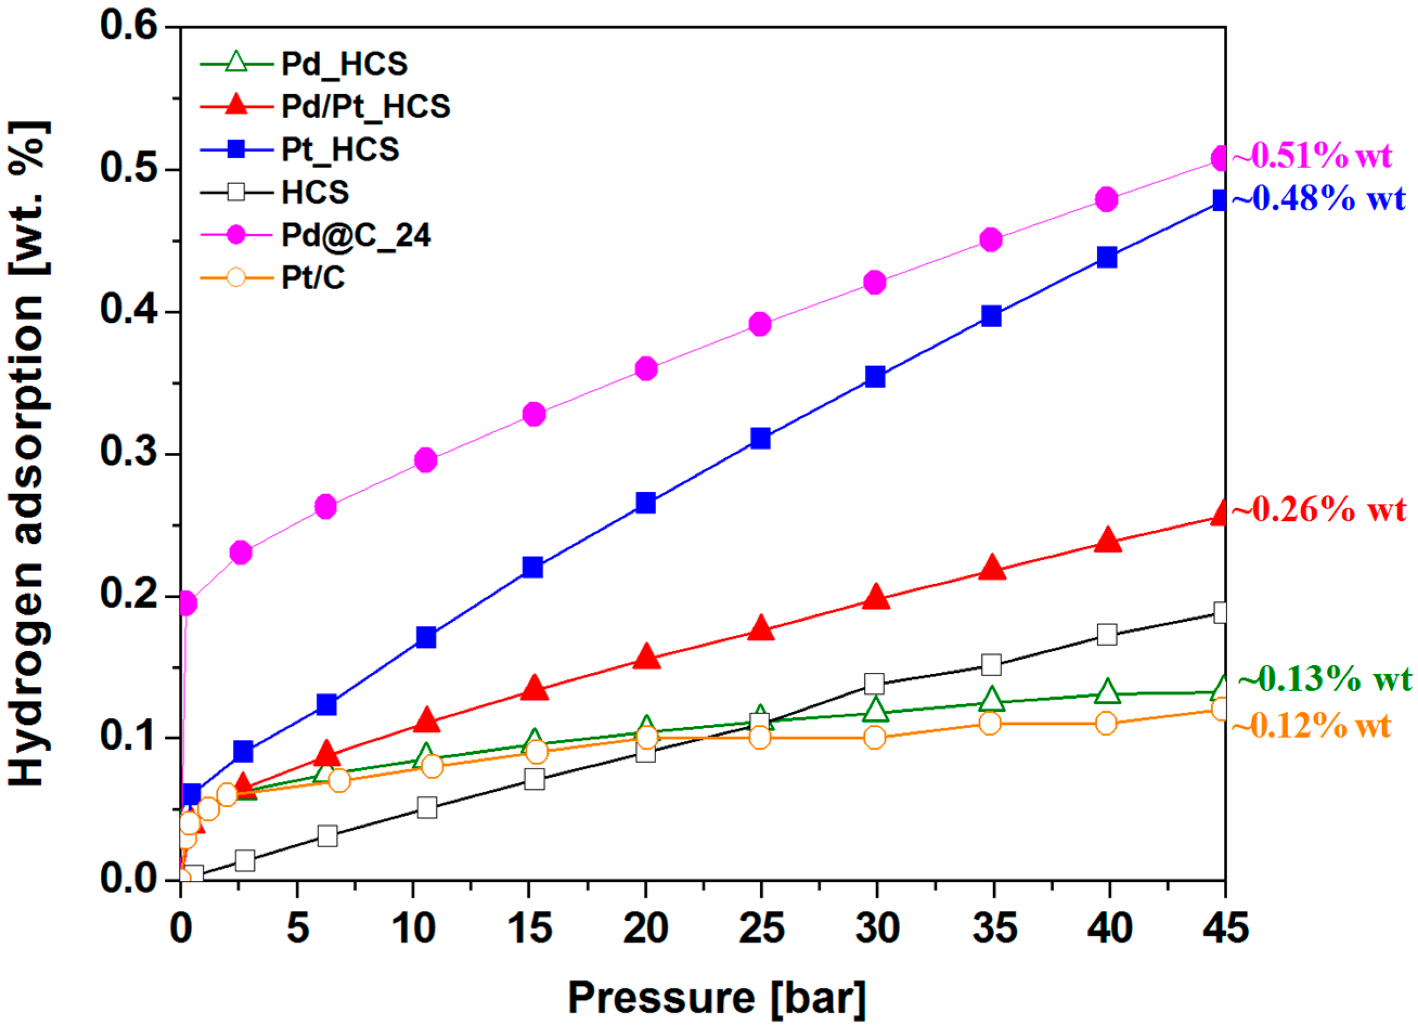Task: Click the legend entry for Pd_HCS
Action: [344, 64]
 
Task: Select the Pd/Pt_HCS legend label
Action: [365, 106]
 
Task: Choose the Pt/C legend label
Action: [313, 277]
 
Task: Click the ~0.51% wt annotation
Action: [1312, 155]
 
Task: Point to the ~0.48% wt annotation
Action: [1318, 199]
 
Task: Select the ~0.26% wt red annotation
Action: [1318, 509]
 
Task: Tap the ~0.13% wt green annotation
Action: [1324, 679]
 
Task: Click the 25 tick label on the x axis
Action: [761, 928]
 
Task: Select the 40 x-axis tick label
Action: [1109, 928]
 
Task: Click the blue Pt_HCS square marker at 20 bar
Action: [646, 502]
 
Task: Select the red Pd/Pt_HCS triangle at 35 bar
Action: [992, 568]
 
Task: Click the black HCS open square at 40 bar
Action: [1108, 634]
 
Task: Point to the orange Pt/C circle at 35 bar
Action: [990, 723]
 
